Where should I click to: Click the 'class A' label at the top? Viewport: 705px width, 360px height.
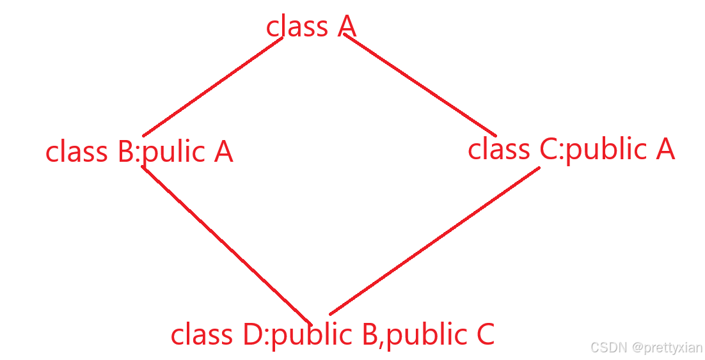(311, 27)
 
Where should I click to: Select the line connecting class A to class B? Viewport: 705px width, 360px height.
(212, 86)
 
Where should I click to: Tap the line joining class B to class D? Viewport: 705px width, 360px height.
(225, 244)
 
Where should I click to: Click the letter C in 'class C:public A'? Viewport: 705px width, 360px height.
(549, 150)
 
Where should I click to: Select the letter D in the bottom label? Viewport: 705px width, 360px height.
(251, 335)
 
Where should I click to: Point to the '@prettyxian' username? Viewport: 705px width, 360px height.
(667, 348)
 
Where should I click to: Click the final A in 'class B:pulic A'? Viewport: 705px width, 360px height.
(223, 152)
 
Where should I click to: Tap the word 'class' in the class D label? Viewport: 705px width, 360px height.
(201, 335)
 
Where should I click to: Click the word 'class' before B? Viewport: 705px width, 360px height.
(76, 153)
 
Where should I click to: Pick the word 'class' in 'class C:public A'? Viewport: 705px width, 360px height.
(499, 150)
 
